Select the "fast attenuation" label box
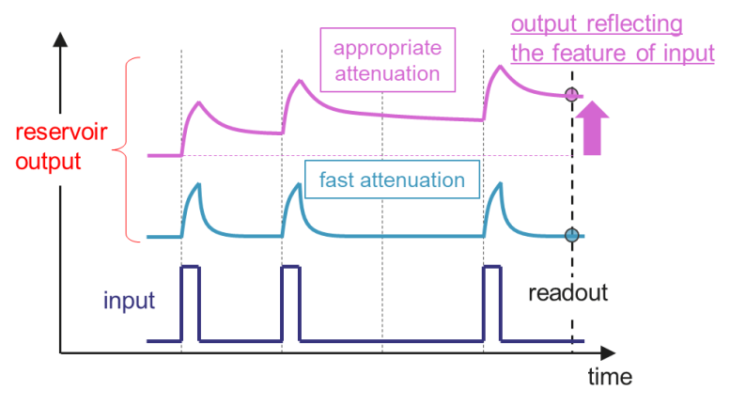coord(392,179)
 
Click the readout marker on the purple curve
coord(570,95)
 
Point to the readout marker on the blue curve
coord(570,235)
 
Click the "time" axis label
coord(610,378)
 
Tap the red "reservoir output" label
coord(44,148)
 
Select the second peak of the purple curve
coord(300,83)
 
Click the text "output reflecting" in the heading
coord(596,23)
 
